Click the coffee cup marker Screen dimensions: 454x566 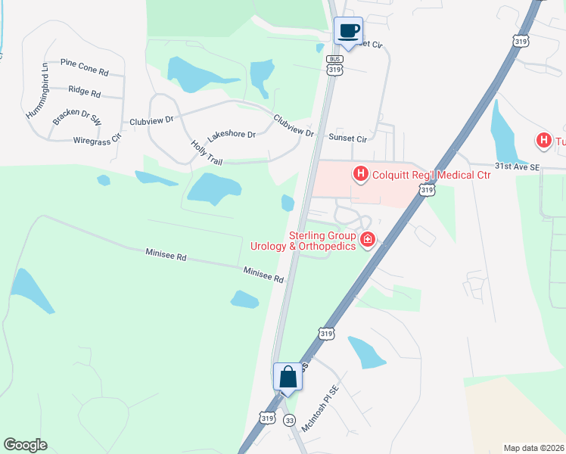(349, 31)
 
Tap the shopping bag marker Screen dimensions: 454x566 (288, 376)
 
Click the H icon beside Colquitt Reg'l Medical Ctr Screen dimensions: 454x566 (361, 175)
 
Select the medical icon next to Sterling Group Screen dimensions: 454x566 (368, 240)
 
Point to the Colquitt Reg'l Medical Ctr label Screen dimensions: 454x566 (431, 175)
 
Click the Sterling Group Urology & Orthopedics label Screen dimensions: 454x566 (303, 241)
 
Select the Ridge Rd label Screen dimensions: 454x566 (84, 92)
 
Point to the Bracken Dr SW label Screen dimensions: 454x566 (77, 117)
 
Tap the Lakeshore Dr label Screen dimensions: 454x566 (232, 134)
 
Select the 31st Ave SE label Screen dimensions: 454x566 (516, 165)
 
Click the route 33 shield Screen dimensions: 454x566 (289, 420)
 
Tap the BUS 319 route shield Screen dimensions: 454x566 (335, 64)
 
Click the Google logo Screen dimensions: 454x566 (25, 444)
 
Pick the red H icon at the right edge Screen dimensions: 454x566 (543, 141)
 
